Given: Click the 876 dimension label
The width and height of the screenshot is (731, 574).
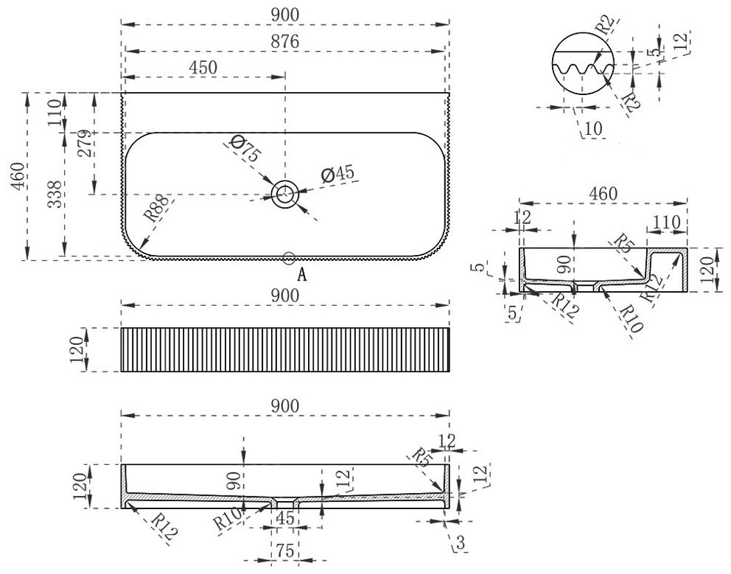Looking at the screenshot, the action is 285,41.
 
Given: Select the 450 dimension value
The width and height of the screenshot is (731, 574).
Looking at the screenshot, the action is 203,68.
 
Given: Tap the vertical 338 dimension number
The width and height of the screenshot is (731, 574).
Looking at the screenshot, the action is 55,195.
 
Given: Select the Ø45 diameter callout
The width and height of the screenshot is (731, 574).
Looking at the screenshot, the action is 337,173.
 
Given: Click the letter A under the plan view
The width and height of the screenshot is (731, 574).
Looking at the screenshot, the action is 302,275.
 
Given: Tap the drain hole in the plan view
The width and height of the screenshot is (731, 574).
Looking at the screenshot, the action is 285,194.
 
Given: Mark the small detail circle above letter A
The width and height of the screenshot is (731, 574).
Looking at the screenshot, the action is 289,257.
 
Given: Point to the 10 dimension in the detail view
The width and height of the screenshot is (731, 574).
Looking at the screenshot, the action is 593,127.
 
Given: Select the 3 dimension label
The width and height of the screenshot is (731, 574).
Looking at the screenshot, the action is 460,542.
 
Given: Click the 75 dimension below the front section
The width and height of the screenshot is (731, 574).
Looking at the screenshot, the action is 284,551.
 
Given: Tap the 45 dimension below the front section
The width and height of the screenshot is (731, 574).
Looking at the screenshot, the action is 285,518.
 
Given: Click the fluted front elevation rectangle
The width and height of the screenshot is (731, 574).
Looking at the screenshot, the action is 285,349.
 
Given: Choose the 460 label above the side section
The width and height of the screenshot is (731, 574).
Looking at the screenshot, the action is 604,194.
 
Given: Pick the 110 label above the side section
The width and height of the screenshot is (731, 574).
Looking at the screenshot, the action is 666,223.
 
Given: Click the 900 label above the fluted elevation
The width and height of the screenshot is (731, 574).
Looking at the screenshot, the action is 285,295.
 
